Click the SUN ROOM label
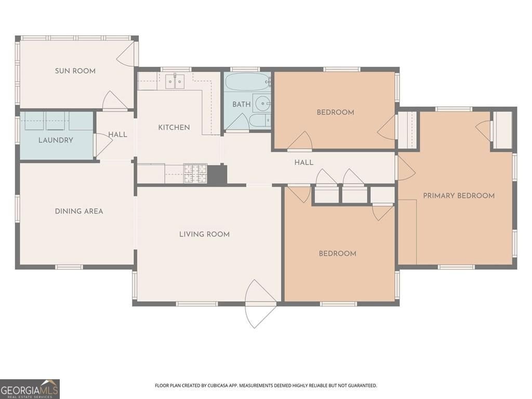click(x=75, y=71)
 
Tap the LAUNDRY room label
click(x=56, y=140)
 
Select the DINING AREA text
click(x=79, y=211)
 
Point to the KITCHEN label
click(x=174, y=127)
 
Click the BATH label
click(x=241, y=104)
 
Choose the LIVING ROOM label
click(x=204, y=234)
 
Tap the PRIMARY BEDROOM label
click(x=459, y=195)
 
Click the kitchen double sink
click(x=175, y=82)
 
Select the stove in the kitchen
click(x=195, y=173)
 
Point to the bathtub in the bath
click(x=247, y=82)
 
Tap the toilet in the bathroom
click(x=260, y=120)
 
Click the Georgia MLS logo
click(x=30, y=389)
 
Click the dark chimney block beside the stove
click(x=217, y=175)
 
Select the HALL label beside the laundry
click(x=118, y=135)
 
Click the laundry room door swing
click(x=103, y=144)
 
